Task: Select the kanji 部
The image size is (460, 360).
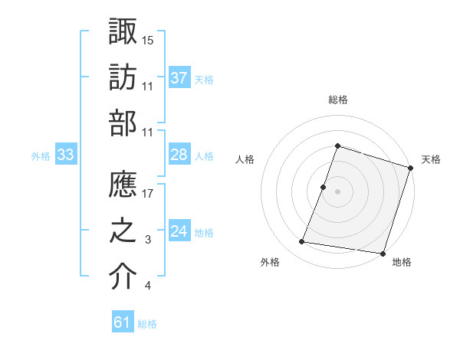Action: tap(123, 123)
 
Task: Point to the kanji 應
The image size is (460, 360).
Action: tap(123, 184)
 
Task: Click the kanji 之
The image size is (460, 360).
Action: tap(123, 231)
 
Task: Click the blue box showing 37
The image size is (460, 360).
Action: tap(179, 77)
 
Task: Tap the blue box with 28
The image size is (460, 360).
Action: tap(179, 155)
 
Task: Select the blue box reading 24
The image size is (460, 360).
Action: tap(179, 231)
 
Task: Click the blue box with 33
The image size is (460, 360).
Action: tap(66, 155)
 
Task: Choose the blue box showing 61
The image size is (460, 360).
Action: tap(123, 322)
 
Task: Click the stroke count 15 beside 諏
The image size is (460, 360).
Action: tap(148, 39)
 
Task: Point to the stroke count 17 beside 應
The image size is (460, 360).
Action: tap(148, 194)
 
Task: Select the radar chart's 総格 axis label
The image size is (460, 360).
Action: tap(337, 100)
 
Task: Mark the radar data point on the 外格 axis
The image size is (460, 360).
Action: tap(302, 241)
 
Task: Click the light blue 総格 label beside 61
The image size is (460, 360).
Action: tap(147, 324)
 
